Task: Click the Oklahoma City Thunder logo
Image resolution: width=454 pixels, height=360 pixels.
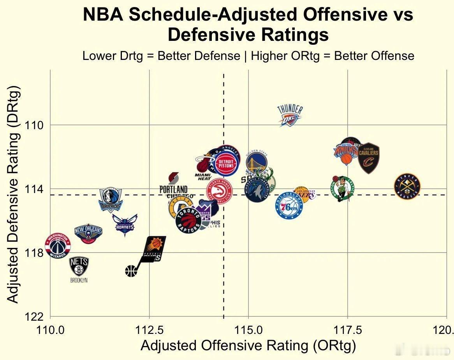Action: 290,116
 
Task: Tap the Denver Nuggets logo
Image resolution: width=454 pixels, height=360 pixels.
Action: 407,186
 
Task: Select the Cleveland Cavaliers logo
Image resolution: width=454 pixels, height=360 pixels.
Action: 368,158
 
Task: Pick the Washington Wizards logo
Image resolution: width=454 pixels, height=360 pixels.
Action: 58,246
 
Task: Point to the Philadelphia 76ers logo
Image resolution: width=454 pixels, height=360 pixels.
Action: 289,205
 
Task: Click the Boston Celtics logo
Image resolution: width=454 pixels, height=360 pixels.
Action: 342,188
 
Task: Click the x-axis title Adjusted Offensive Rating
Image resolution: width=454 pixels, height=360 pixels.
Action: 248,346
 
